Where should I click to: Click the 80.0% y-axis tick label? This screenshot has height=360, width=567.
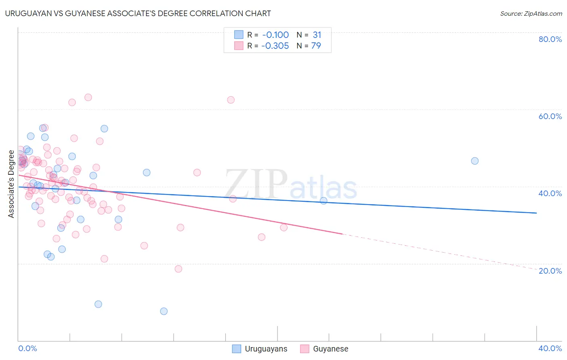click(550, 39)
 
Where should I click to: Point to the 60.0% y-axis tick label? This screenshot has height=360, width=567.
click(550, 116)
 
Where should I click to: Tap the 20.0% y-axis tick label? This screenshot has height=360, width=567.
click(550, 271)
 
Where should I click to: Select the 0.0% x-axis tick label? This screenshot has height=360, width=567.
click(27, 348)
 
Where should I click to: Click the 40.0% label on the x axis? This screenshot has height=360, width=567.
click(550, 348)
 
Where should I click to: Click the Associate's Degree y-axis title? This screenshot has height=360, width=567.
click(11, 184)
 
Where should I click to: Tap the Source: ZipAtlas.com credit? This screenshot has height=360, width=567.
click(531, 13)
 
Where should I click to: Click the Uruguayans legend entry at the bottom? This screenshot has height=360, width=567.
click(260, 349)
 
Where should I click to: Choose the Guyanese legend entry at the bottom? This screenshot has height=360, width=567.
click(325, 349)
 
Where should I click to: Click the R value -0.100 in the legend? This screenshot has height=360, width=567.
click(275, 35)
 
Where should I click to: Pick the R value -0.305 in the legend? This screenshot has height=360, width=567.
click(275, 46)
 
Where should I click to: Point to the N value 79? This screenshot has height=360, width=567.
click(316, 46)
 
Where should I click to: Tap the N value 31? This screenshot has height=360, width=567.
click(317, 35)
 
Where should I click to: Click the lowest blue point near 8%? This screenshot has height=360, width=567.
click(164, 311)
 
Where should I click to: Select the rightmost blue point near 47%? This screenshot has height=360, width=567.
click(475, 161)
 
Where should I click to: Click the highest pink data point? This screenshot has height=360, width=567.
click(88, 97)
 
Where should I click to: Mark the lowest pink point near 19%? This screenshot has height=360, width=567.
click(178, 269)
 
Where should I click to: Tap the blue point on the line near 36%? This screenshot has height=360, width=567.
click(323, 201)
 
